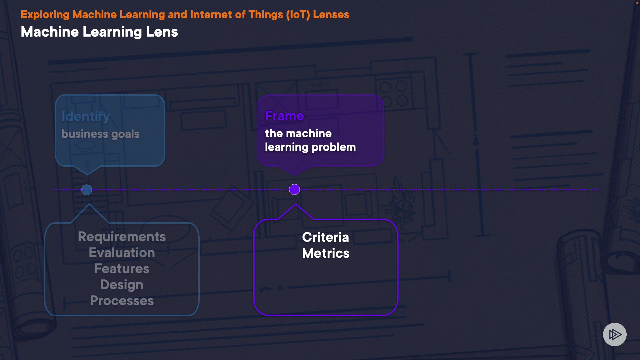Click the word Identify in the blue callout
[86, 116]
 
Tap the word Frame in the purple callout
[284, 116]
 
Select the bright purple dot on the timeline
[294, 189]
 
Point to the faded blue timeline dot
[87, 190]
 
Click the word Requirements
[122, 237]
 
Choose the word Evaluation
[122, 253]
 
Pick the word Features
[122, 269]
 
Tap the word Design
[122, 285]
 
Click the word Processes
[122, 301]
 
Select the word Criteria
[325, 237]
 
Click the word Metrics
[325, 253]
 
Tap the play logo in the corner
[615, 334]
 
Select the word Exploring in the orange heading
[45, 15]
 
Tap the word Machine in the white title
[50, 32]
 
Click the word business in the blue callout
[85, 134]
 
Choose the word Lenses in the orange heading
[331, 15]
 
